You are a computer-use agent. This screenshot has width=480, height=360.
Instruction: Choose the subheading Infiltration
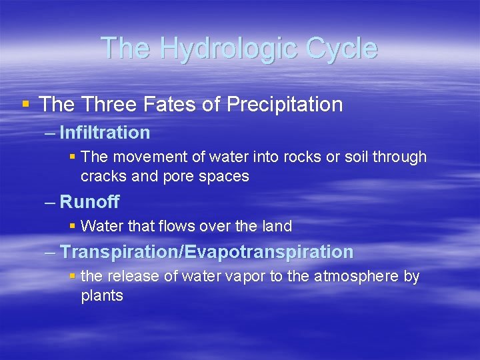(105, 133)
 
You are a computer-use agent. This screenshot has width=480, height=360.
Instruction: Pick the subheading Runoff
(89, 201)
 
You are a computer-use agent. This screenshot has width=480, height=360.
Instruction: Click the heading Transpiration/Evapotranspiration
(207, 252)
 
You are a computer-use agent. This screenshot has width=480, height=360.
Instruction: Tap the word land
(277, 227)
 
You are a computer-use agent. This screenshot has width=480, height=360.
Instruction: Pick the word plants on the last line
(102, 296)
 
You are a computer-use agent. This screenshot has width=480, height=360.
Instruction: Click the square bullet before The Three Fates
(25, 104)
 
